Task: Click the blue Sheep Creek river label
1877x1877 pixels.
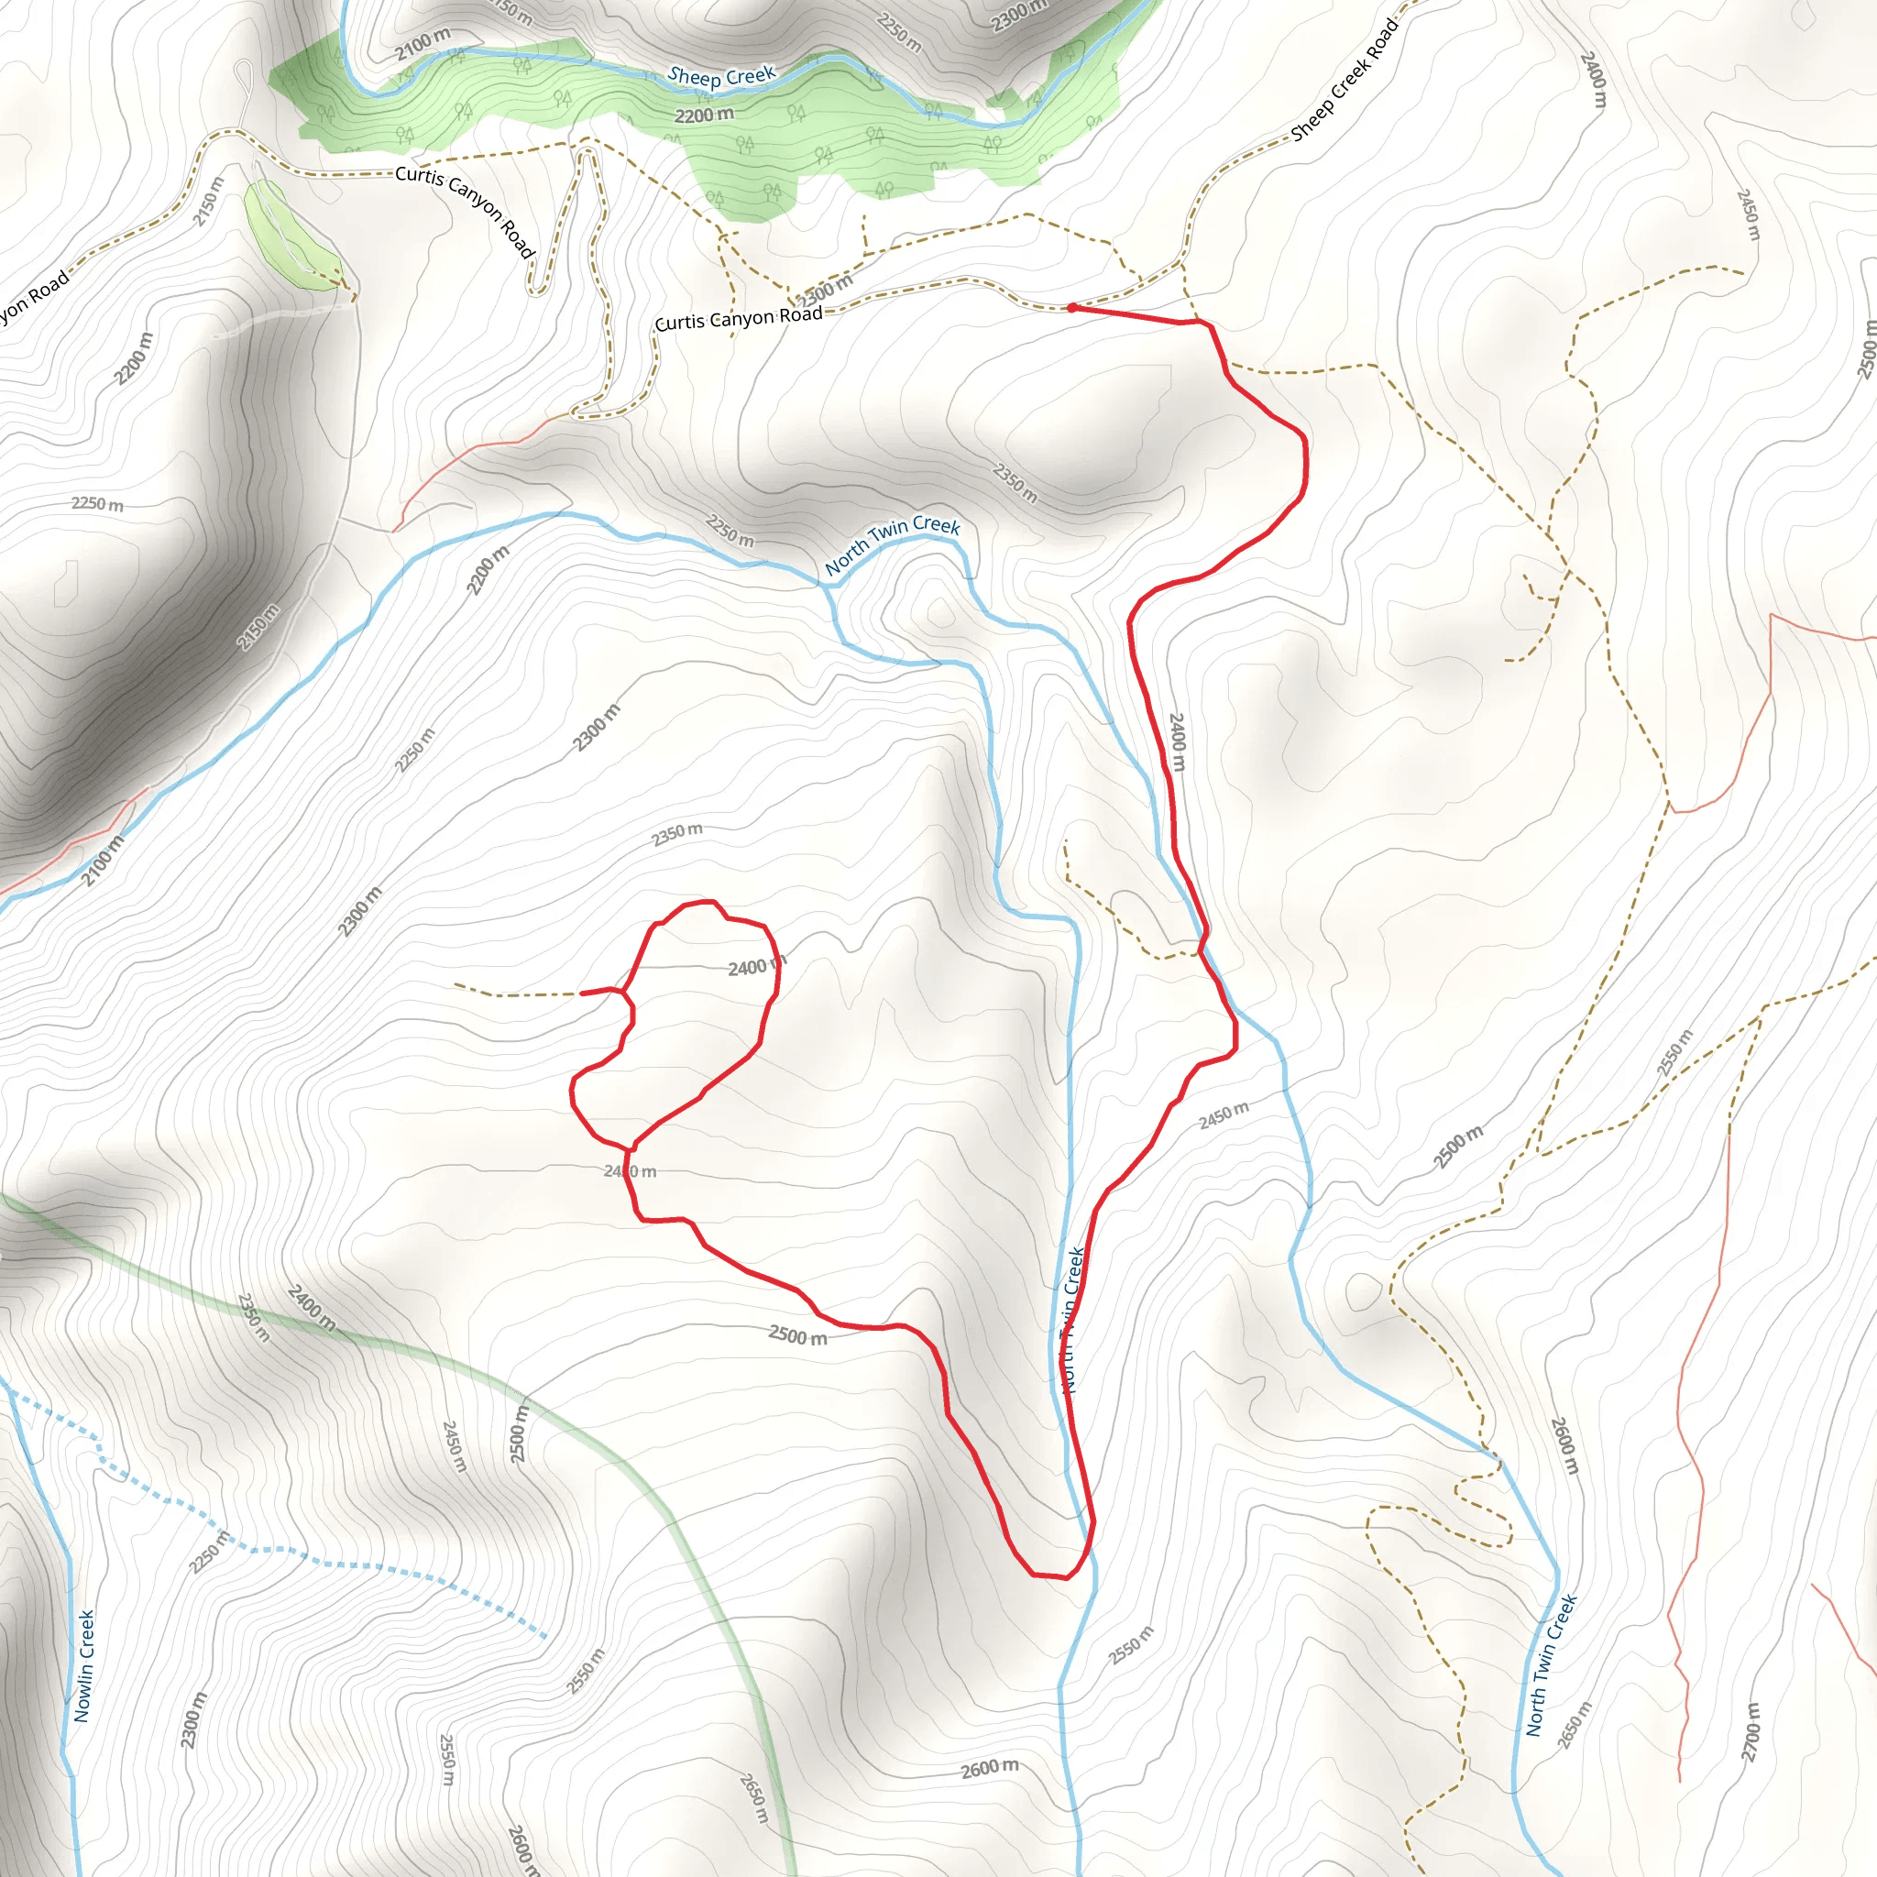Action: pos(722,77)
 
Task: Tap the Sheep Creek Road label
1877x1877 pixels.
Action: pos(1345,80)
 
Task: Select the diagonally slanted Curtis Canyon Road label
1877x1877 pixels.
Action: pos(467,210)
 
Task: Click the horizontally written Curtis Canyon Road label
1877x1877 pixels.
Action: pos(739,318)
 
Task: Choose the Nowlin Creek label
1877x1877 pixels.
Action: pos(85,1666)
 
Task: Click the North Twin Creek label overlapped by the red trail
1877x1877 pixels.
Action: pos(1072,1322)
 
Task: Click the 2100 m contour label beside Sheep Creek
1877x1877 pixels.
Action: pos(423,44)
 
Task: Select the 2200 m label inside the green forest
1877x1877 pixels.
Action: pos(705,115)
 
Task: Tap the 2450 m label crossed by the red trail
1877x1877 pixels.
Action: pos(630,1171)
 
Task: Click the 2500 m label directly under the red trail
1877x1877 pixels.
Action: pos(797,1336)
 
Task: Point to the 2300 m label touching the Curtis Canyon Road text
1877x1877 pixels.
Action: pos(826,290)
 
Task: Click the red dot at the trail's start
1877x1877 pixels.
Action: pos(1071,308)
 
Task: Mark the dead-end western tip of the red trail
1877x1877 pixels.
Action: pos(581,993)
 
